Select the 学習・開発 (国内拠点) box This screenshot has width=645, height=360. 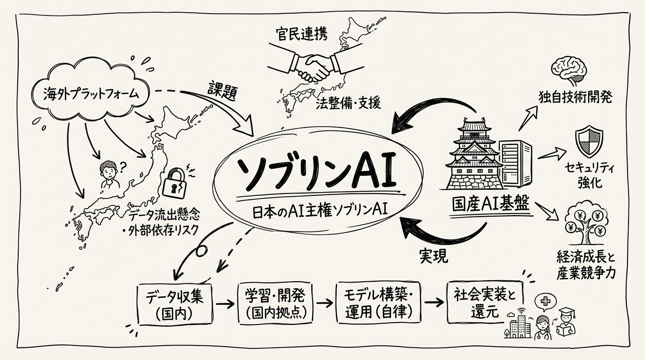pos(275,303)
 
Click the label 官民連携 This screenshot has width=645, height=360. pos(300,34)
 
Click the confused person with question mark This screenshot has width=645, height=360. pos(109,175)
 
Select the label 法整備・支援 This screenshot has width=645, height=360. pos(346,103)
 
